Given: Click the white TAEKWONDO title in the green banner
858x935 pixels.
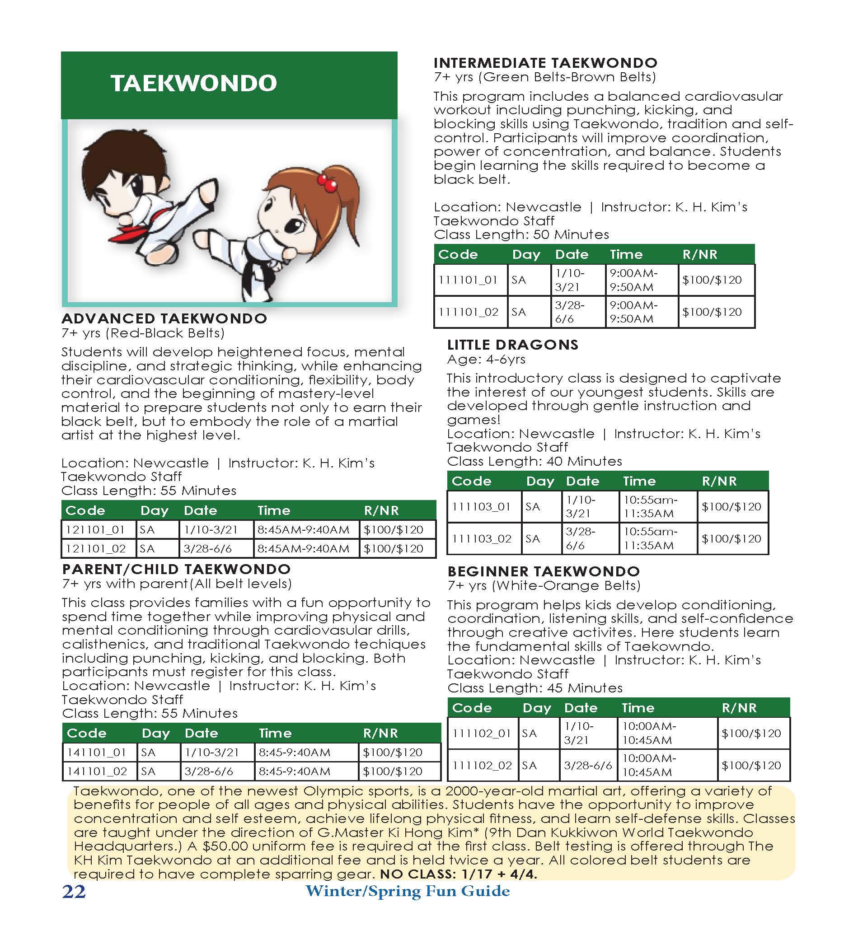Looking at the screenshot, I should (x=194, y=84).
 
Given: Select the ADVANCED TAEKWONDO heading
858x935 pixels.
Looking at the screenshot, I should (x=164, y=318).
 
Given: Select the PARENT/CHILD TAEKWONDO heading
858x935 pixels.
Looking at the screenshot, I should (x=176, y=569).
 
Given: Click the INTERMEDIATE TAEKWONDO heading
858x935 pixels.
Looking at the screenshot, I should (x=545, y=63).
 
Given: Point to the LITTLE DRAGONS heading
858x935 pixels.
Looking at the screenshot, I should (x=512, y=345).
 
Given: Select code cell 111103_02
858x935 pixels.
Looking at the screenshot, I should (x=482, y=538).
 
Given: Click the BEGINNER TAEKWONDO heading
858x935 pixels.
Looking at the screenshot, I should (x=544, y=571).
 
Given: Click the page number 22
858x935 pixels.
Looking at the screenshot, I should (x=74, y=892).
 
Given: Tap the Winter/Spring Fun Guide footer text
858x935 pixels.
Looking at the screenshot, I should (x=408, y=891).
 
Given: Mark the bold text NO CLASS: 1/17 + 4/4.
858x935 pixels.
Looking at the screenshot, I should (x=458, y=874).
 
